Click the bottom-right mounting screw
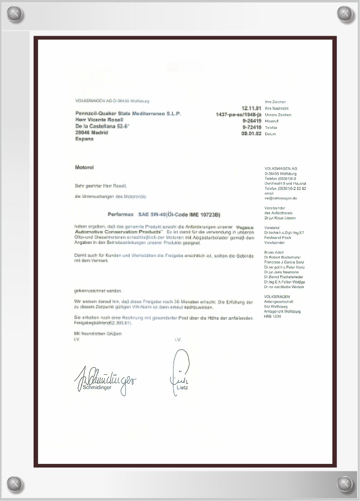345,484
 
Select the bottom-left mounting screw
15,484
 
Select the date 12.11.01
251,108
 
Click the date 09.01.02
251,134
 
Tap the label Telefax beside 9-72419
271,128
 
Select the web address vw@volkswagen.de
281,198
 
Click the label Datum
270,134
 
